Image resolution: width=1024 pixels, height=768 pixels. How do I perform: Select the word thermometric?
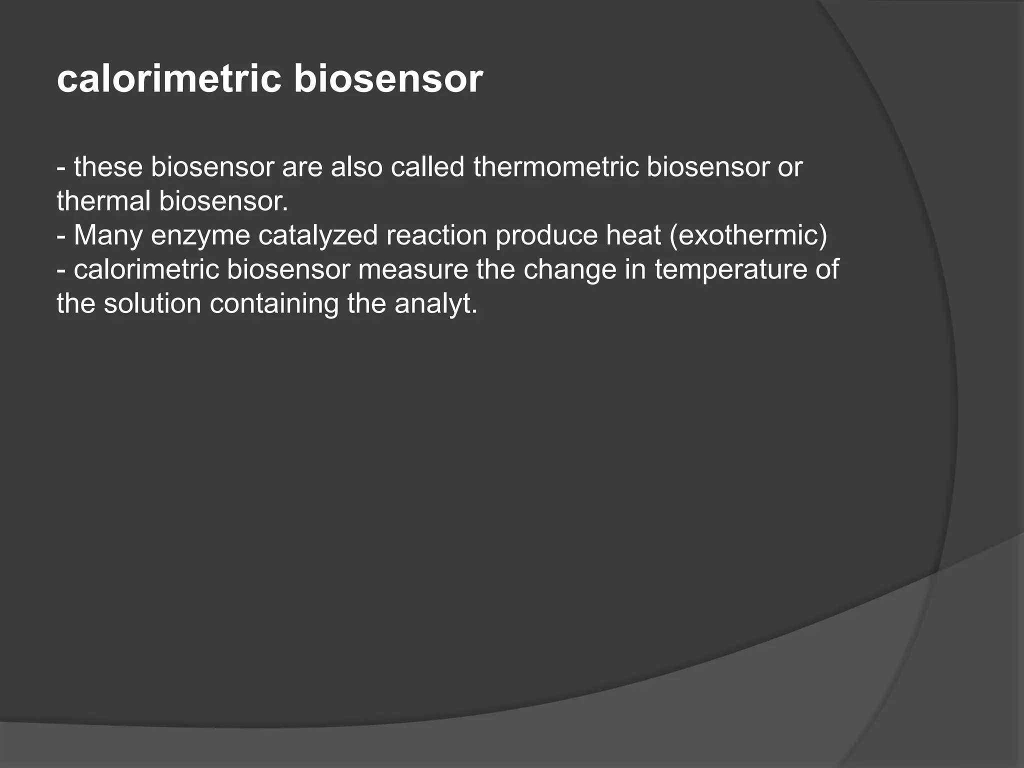pyautogui.click(x=556, y=167)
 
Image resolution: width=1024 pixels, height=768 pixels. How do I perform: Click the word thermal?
pyautogui.click(x=103, y=201)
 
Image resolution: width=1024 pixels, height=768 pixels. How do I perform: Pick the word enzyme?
pyautogui.click(x=200, y=235)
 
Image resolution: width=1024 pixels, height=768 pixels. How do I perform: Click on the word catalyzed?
pyautogui.click(x=318, y=235)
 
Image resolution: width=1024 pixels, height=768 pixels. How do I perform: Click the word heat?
pyautogui.click(x=633, y=235)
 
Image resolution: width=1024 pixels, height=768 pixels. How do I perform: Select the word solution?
pyautogui.click(x=152, y=303)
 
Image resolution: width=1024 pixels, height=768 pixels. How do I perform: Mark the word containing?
pyautogui.click(x=274, y=303)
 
